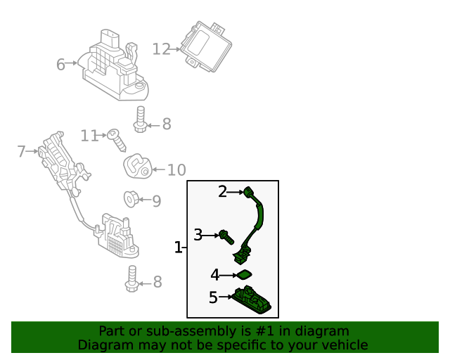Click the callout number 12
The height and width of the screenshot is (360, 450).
tap(161, 49)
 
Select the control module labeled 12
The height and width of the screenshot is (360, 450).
tap(205, 44)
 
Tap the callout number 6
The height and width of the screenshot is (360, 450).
tap(60, 65)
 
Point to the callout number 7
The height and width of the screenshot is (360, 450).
tap(21, 151)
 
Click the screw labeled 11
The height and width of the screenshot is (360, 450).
tap(117, 140)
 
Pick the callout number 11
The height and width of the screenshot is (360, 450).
tap(89, 135)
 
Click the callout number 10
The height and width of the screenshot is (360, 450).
tap(176, 169)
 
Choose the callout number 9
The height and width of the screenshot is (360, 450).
tap(156, 202)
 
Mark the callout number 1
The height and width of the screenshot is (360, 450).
tap(178, 247)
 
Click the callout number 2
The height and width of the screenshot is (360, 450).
tap(222, 191)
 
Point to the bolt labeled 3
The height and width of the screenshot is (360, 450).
tap(225, 236)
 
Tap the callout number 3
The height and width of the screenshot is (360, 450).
tap(198, 235)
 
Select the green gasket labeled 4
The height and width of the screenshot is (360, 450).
tap(243, 274)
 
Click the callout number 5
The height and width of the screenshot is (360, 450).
tap(213, 297)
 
